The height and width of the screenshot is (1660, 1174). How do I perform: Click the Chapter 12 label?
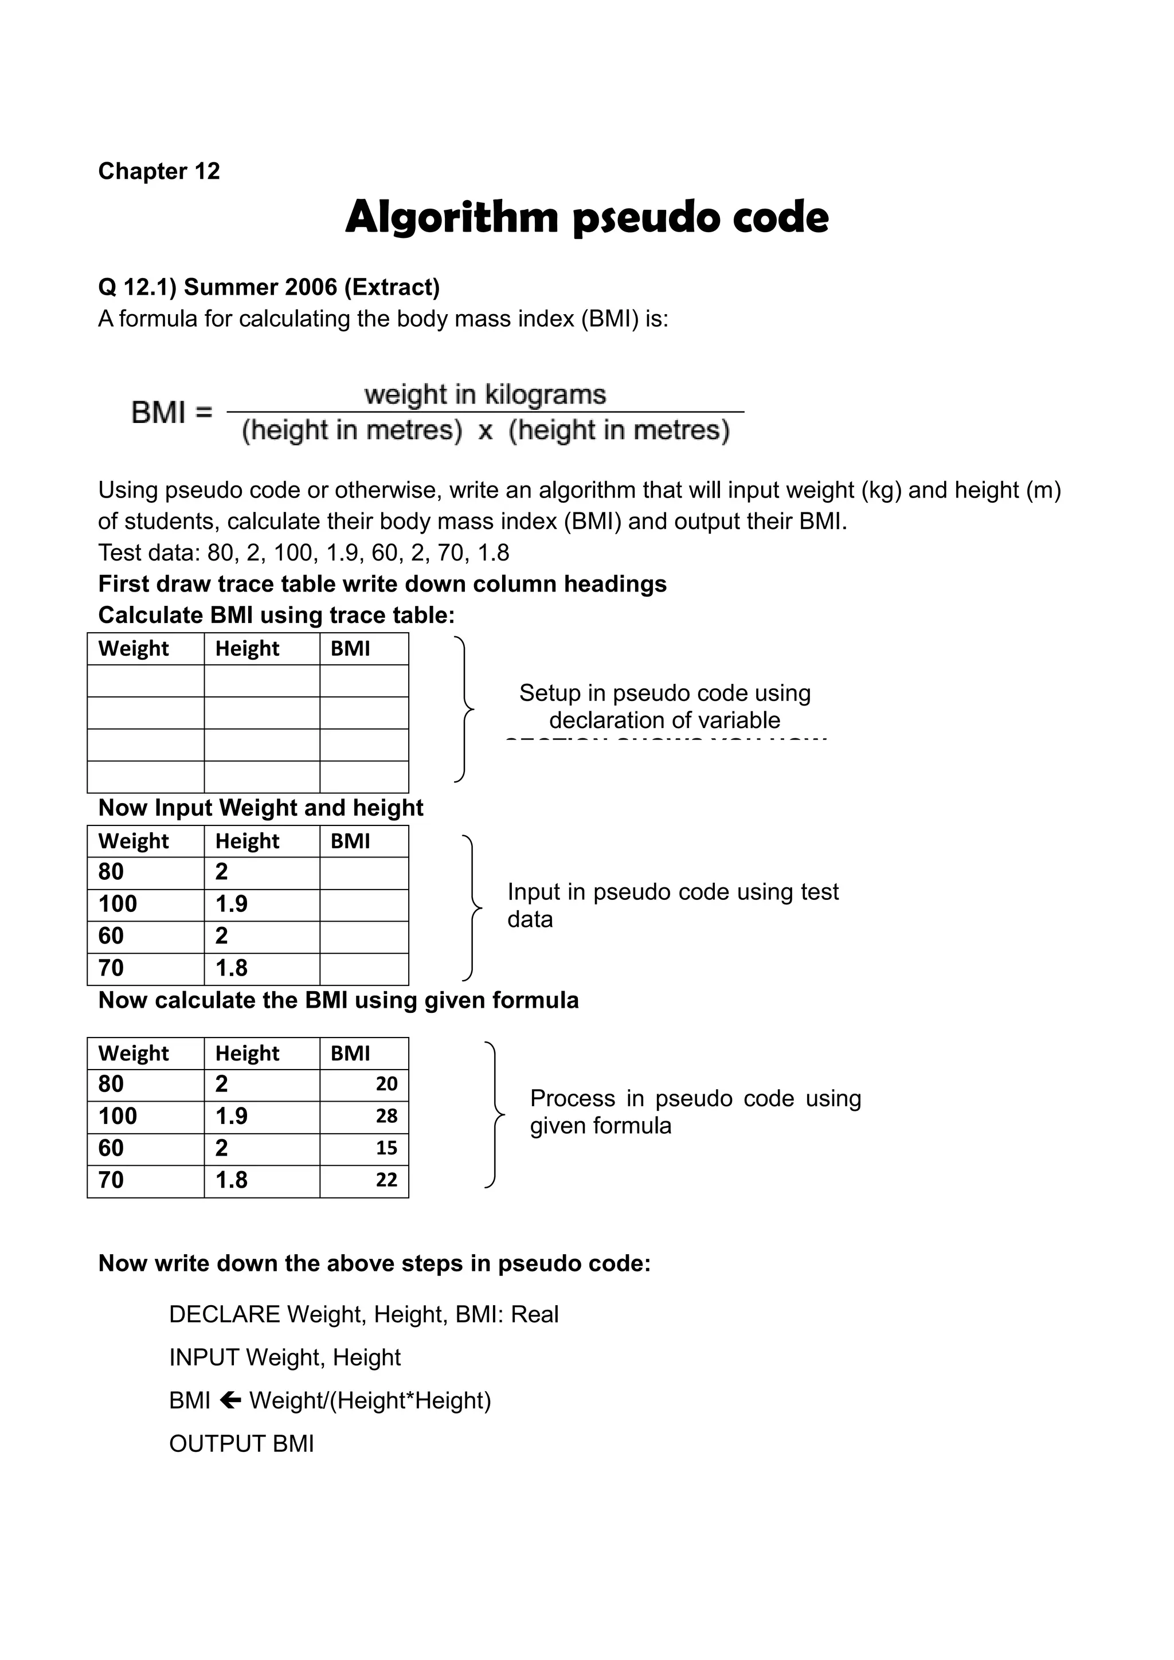(x=158, y=171)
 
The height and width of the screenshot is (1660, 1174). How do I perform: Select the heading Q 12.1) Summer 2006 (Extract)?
(x=269, y=287)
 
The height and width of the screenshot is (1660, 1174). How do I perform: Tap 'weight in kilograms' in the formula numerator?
(x=485, y=395)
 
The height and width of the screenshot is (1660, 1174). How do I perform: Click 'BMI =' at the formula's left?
(x=172, y=413)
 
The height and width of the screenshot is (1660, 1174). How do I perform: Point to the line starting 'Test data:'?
(x=304, y=553)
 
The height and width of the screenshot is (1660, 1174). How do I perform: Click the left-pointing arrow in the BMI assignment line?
(x=230, y=1400)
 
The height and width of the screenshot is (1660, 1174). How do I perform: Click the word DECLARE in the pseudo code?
(x=224, y=1314)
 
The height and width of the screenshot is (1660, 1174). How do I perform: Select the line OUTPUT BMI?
(x=241, y=1443)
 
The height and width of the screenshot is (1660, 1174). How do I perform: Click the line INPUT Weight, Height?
(x=285, y=1357)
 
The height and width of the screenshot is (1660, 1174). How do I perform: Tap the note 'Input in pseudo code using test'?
(x=672, y=891)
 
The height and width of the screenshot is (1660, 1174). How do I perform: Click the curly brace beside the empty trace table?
(x=464, y=709)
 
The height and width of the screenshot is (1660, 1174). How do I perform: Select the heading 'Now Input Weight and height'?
(x=260, y=808)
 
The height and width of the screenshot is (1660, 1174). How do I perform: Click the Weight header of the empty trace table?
(x=134, y=648)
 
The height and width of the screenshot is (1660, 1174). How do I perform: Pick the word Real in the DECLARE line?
(x=535, y=1314)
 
